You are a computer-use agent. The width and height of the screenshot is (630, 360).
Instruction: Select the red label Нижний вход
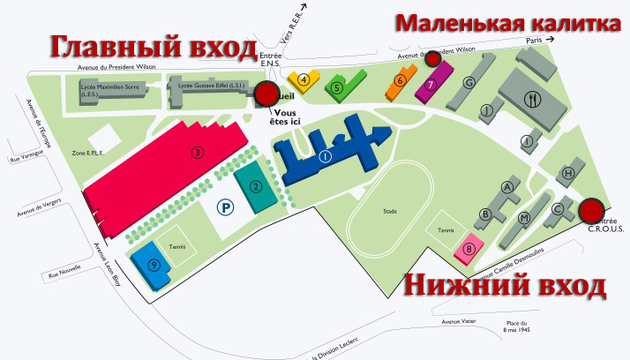pos(506,286)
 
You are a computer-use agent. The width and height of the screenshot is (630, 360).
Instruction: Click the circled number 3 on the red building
pos(198,152)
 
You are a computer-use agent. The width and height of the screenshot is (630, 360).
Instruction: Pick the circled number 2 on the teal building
pos(255,186)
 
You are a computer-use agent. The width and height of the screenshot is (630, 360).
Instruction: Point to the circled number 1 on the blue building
pos(325,156)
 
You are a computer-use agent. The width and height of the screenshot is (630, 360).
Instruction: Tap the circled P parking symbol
pos(227,208)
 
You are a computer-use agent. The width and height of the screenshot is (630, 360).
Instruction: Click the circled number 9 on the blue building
pos(154,264)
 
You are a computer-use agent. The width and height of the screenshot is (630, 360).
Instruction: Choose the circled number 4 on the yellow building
pos(304,79)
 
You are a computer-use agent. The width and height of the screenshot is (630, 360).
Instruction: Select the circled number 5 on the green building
pos(337,87)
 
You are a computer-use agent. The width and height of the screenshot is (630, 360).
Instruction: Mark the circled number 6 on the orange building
pos(400,81)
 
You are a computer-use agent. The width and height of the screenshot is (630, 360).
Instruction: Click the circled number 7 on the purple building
pos(430,86)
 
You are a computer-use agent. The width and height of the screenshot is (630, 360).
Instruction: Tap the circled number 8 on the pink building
pos(469,249)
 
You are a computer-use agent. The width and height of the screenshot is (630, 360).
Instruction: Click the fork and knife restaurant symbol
pos(531,99)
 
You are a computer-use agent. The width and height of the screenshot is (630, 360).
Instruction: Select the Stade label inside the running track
pos(390,212)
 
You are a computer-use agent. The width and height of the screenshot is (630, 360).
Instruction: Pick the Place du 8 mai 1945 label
pos(516,326)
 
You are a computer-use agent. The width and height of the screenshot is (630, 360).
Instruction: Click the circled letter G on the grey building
pos(469,82)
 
